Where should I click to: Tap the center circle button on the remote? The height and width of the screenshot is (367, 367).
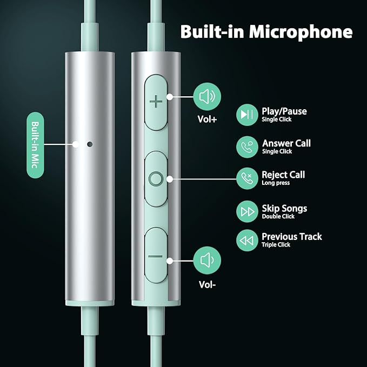coord(156,178)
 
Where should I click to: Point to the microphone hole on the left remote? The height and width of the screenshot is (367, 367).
coord(89,144)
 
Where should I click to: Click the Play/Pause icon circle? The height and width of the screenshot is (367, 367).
coord(247,115)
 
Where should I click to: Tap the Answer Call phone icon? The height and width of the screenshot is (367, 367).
coord(247,146)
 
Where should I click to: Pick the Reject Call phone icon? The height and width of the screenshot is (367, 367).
coord(247,178)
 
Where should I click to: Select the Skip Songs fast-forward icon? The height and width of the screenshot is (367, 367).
coord(247,211)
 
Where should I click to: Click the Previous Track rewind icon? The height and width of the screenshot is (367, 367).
coord(247,240)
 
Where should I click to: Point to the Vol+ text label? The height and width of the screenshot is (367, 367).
coord(206,120)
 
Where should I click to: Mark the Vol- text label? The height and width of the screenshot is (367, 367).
coord(206,283)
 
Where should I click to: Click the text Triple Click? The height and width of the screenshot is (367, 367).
coord(276,245)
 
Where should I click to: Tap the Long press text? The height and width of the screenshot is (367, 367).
coord(276,183)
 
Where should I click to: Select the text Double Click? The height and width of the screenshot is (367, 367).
coord(278,216)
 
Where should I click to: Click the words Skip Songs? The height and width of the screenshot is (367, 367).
coord(284,208)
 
